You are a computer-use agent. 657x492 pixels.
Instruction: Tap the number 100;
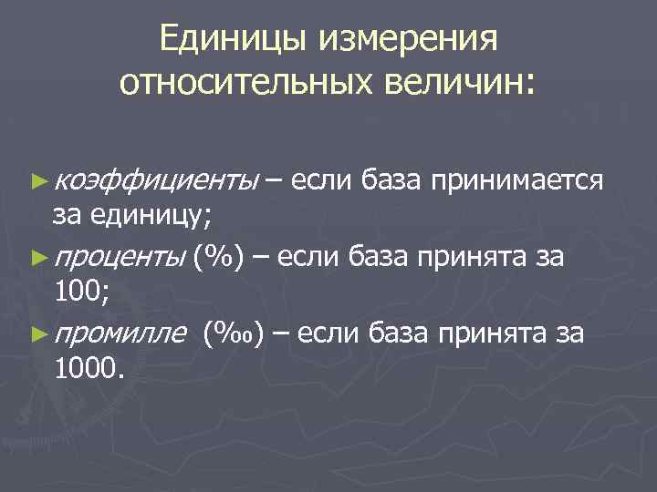click(x=82, y=293)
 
